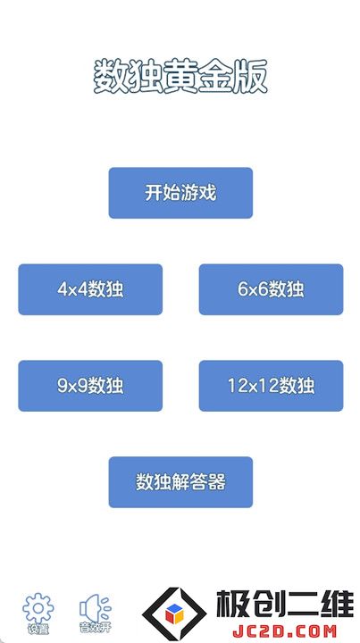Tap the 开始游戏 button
[180, 193]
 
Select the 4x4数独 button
[90, 289]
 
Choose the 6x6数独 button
[271, 289]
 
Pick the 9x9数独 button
[90, 386]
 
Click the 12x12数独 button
[271, 386]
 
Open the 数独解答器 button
[180, 482]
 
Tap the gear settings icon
[38, 608]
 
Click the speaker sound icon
[95, 608]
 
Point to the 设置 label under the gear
[38, 628]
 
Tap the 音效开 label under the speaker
[95, 628]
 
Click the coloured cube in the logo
[175, 614]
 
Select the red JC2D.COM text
[284, 630]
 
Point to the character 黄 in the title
[180, 77]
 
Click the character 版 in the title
[250, 77]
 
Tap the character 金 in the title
[215, 77]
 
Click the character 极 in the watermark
[233, 605]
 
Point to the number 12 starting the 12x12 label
[236, 386]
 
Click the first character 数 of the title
[111, 77]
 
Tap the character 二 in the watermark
[302, 605]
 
